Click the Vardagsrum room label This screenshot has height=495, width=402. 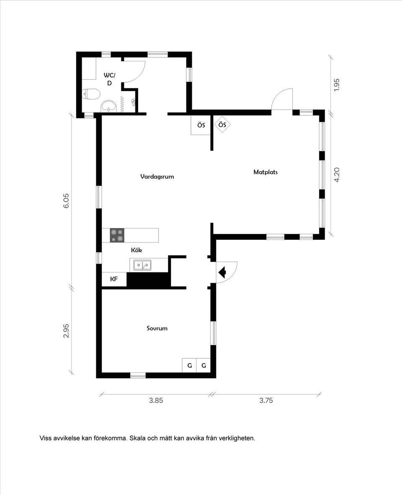pyautogui.click(x=157, y=176)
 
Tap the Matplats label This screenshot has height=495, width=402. pyautogui.click(x=265, y=172)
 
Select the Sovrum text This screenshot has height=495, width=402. pyautogui.click(x=157, y=328)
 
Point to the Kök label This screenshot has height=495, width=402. pyautogui.click(x=137, y=250)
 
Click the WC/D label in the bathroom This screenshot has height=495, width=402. pyautogui.click(x=109, y=79)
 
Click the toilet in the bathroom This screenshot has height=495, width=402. pyautogui.click(x=91, y=94)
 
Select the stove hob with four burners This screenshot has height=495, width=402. pyautogui.click(x=117, y=235)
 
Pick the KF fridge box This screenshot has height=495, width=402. pyautogui.click(x=114, y=279)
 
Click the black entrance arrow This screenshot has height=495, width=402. pyautogui.click(x=222, y=272)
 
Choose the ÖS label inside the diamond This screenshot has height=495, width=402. pyautogui.click(x=222, y=125)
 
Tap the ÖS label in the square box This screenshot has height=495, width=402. pyautogui.click(x=201, y=125)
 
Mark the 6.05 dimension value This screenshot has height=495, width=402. pyautogui.click(x=66, y=201)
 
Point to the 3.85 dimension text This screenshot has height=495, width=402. pyautogui.click(x=156, y=401)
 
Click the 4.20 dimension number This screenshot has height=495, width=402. pyautogui.click(x=337, y=175)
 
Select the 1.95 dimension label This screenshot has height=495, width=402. pyautogui.click(x=337, y=85)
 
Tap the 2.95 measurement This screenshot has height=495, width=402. pyautogui.click(x=66, y=331)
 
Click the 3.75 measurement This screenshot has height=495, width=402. pyautogui.click(x=266, y=401)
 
